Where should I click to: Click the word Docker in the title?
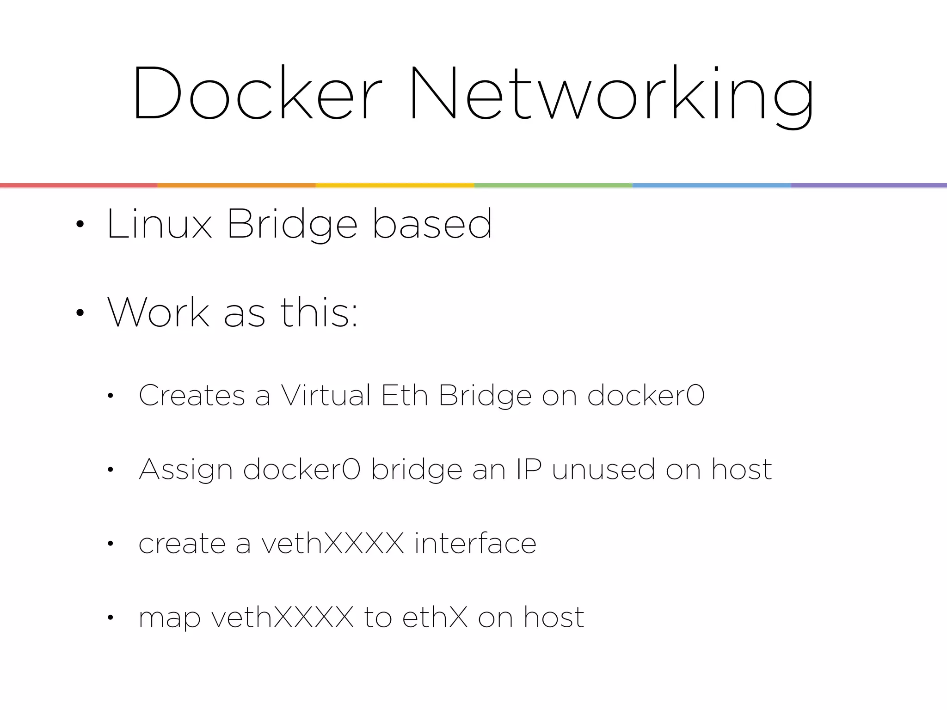point(257,93)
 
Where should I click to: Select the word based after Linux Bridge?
point(432,224)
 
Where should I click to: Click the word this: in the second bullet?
point(319,312)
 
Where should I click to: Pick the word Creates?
point(192,396)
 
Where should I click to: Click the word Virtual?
point(326,396)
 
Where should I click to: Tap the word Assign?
point(185,470)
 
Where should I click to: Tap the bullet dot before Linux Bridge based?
point(80,225)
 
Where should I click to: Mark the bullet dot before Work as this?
point(80,313)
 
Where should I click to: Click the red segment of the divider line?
point(79,185)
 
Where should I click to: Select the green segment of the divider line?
point(553,185)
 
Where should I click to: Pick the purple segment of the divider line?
point(869,185)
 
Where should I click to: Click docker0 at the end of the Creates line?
point(646,396)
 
